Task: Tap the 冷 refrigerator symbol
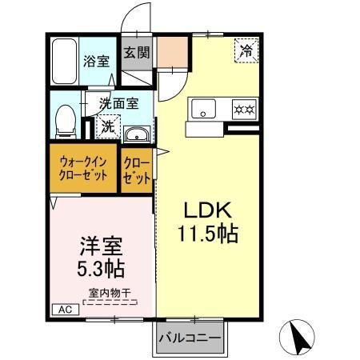pyautogui.click(x=246, y=51)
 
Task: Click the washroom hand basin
pyautogui.click(x=138, y=134)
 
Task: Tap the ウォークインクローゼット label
pyautogui.click(x=83, y=168)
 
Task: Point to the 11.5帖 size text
pyautogui.click(x=208, y=236)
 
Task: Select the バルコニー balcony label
pyautogui.click(x=190, y=338)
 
